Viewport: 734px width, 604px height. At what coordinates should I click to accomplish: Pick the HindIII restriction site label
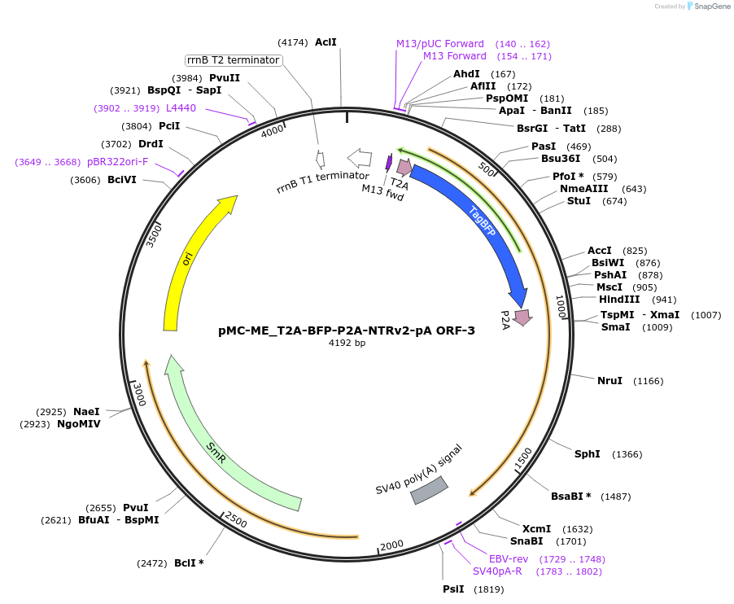point(618,299)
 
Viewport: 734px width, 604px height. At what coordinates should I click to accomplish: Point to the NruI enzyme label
point(609,380)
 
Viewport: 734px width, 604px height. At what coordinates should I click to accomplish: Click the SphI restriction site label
point(588,453)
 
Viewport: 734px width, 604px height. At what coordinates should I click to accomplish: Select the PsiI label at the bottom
point(453,589)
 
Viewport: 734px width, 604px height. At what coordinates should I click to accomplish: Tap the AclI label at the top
point(325,42)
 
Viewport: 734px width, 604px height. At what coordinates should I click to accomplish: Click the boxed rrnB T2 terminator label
point(233,60)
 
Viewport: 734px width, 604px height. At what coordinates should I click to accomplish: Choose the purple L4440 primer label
point(181,107)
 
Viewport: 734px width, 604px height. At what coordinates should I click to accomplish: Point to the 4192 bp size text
point(347,343)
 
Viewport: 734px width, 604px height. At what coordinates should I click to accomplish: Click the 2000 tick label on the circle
point(391,545)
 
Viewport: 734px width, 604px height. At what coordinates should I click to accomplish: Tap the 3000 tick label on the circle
point(138,396)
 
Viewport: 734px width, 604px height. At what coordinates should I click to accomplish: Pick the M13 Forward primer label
point(454,56)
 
